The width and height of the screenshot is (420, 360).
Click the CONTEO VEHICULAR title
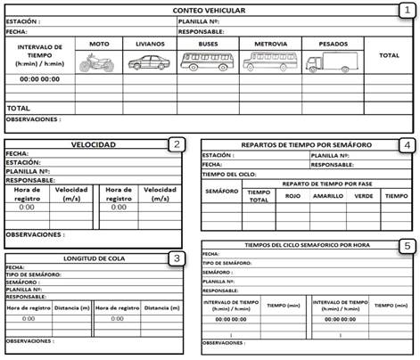[210, 10]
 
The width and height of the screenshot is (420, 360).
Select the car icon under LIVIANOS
[149, 63]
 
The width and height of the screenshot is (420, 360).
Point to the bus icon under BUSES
[208, 61]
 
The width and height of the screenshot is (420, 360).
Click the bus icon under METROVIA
[270, 61]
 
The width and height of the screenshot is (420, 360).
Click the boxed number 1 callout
[406, 10]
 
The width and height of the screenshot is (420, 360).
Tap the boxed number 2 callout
[177, 144]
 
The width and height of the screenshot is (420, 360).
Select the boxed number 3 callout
[177, 258]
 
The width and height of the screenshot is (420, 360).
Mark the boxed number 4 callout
[407, 144]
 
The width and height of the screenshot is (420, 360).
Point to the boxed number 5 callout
[407, 245]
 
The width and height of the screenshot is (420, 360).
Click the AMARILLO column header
[329, 196]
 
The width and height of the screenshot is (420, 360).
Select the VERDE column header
[364, 196]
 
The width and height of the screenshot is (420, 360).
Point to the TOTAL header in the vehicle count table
[389, 55]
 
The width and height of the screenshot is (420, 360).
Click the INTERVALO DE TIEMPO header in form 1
[40, 55]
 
